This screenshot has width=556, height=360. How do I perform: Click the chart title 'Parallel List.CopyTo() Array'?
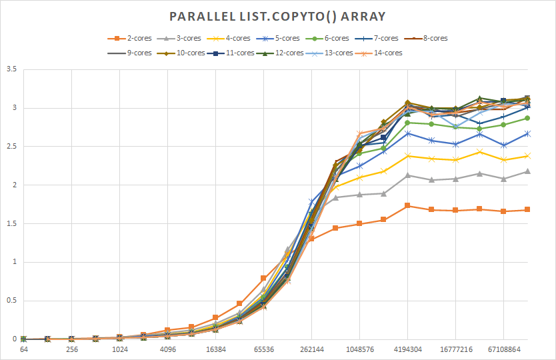pyautogui.click(x=277, y=15)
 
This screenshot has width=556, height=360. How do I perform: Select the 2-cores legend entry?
pyautogui.click(x=131, y=39)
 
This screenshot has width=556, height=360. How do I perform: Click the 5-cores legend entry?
pyautogui.click(x=279, y=39)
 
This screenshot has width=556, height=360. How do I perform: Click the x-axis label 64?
pyautogui.click(x=24, y=349)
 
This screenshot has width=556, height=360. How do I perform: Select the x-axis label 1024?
pyautogui.click(x=120, y=349)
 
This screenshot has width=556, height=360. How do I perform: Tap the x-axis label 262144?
pyautogui.click(x=312, y=349)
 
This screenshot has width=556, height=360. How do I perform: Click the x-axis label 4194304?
pyautogui.click(x=407, y=349)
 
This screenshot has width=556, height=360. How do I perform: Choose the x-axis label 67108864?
pyautogui.click(x=503, y=349)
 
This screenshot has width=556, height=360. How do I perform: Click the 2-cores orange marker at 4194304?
pyautogui.click(x=407, y=205)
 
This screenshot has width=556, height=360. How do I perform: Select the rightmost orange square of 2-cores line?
pyautogui.click(x=527, y=209)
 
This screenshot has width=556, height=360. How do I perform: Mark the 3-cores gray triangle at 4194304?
pyautogui.click(x=407, y=175)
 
